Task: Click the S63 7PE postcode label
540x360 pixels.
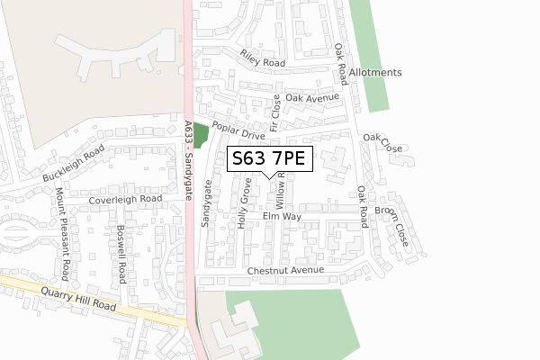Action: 270,159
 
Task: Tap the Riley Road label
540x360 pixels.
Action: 262,58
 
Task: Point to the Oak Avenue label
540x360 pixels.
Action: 311,97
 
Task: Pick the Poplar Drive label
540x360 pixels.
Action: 238,131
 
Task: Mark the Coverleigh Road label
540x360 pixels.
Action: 119,198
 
